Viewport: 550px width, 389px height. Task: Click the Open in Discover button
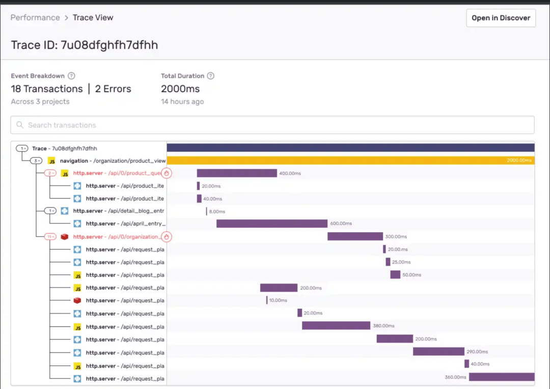click(501, 18)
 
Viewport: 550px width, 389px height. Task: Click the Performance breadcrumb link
click(35, 17)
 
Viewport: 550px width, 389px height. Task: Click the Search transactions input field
click(272, 125)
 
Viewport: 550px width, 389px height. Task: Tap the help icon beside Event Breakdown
click(71, 76)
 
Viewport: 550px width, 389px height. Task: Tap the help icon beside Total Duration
click(210, 76)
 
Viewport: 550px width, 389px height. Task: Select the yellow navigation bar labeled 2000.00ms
click(351, 160)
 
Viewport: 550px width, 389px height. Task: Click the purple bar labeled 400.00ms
click(237, 173)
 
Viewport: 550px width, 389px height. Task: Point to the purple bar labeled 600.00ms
click(272, 224)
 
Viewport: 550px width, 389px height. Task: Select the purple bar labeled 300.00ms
click(355, 236)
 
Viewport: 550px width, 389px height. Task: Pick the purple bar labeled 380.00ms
click(336, 325)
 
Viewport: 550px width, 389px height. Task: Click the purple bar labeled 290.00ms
click(438, 351)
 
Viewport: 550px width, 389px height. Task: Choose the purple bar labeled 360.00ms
click(502, 377)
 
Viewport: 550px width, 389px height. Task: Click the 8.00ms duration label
click(217, 211)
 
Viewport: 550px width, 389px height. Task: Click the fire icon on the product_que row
click(166, 173)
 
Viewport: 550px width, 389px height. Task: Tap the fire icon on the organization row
click(166, 237)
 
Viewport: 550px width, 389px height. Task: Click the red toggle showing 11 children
click(50, 237)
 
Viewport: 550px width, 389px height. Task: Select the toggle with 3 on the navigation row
click(36, 161)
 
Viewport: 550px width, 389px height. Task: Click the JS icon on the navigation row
click(52, 161)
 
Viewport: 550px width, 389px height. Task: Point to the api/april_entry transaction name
click(126, 224)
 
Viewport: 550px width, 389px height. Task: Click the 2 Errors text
click(113, 89)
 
